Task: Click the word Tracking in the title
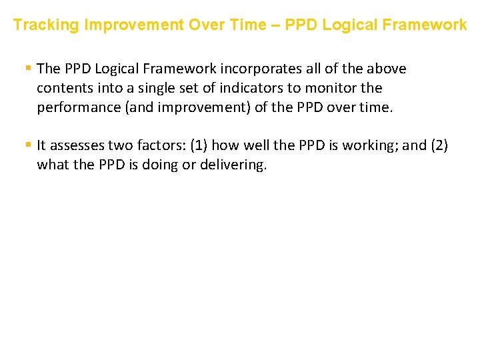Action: (x=42, y=25)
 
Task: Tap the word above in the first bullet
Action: (x=387, y=69)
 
